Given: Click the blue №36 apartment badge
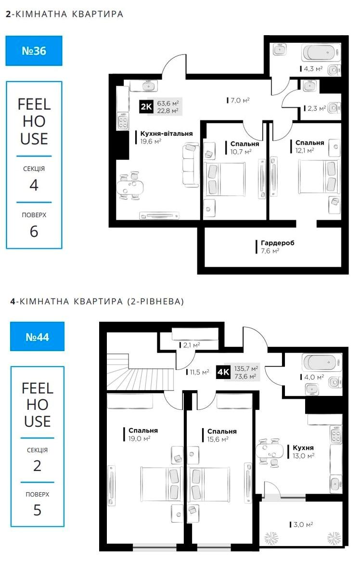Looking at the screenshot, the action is coord(34,51).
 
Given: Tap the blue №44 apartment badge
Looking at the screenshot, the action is coord(38,337).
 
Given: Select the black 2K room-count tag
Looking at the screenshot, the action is coord(146,106).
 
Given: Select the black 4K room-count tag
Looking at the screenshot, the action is coord(223,372).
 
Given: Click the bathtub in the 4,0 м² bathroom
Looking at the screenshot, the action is coord(321,363).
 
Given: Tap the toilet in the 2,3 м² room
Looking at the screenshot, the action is coord(334,108).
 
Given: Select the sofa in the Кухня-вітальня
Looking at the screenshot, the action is coord(191,165).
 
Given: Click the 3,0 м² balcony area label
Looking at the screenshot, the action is coord(301,524).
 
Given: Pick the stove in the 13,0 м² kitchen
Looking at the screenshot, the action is coord(336,435).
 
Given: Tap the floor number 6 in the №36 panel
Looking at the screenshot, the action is coord(34,232).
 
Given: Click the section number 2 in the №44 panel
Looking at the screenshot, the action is coord(38,466).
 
